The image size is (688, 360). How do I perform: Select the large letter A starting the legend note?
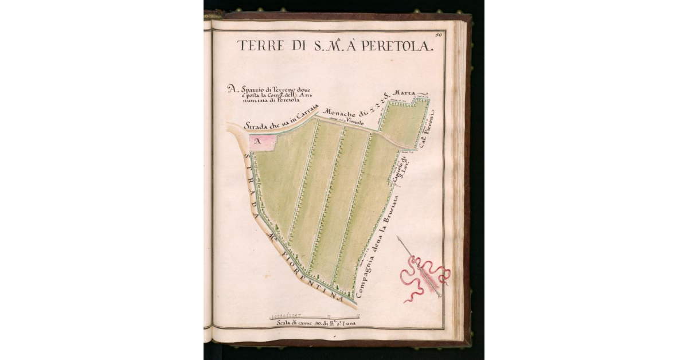click(231, 89)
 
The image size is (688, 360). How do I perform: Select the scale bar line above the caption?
click(314, 316)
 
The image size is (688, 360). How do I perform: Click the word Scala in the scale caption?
click(284, 323)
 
